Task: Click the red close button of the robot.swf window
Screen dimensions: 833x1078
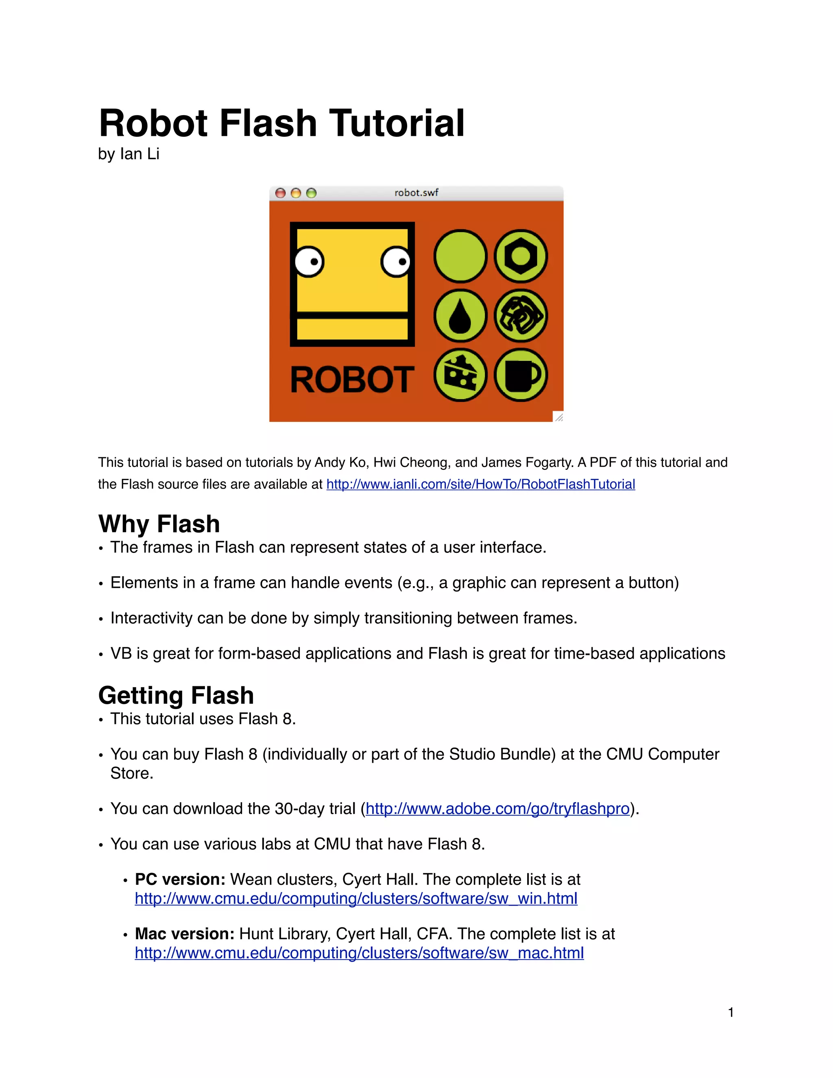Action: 280,193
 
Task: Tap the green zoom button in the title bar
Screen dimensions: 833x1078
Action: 312,193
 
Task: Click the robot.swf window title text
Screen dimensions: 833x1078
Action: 416,192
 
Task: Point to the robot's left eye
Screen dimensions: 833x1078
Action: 309,262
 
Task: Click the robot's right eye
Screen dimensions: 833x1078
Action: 396,262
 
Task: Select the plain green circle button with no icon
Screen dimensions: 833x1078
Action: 460,256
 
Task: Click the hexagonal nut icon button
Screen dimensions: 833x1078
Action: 521,256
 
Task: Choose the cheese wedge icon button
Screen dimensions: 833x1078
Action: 460,375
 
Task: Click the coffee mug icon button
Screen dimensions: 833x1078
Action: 521,375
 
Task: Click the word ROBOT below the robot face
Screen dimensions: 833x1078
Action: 352,380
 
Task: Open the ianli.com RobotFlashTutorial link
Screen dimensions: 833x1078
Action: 481,484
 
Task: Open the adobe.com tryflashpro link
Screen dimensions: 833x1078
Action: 497,809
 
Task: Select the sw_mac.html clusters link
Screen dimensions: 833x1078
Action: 359,953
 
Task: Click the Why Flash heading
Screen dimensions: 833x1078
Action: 159,524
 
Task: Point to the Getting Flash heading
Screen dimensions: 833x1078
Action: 176,696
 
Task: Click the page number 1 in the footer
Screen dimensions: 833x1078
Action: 731,1013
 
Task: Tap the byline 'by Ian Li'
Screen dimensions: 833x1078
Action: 128,154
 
